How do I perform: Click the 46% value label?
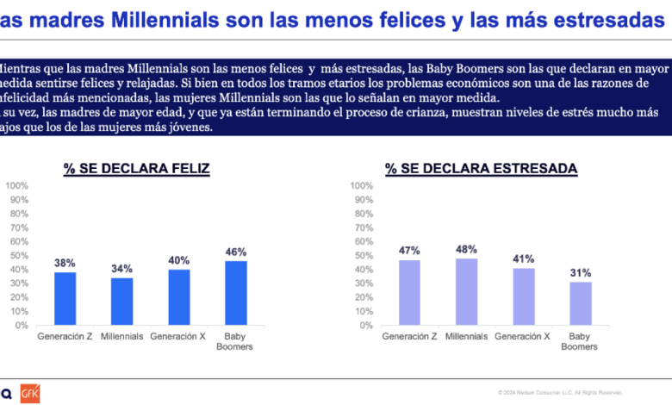[236, 252]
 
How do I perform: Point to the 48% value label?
[467, 249]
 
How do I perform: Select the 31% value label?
[581, 273]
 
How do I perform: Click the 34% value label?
[121, 268]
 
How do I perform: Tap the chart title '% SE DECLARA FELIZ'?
[136, 169]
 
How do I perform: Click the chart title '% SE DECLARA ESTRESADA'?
[482, 169]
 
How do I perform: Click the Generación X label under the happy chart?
[179, 336]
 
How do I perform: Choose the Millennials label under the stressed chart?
[467, 336]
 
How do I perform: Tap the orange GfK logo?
[30, 394]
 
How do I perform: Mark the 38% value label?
[65, 261]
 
